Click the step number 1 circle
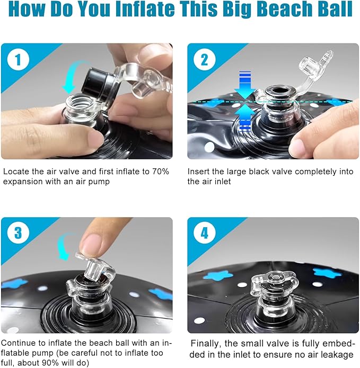pyautogui.click(x=18, y=59)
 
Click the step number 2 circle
pyautogui.click(x=205, y=59)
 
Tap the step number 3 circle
pyautogui.click(x=18, y=233)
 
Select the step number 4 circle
pyautogui.click(x=205, y=233)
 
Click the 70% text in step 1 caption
pyautogui.click(x=161, y=172)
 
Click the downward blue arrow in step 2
pyautogui.click(x=245, y=85)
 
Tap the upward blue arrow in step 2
pyautogui.click(x=245, y=118)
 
